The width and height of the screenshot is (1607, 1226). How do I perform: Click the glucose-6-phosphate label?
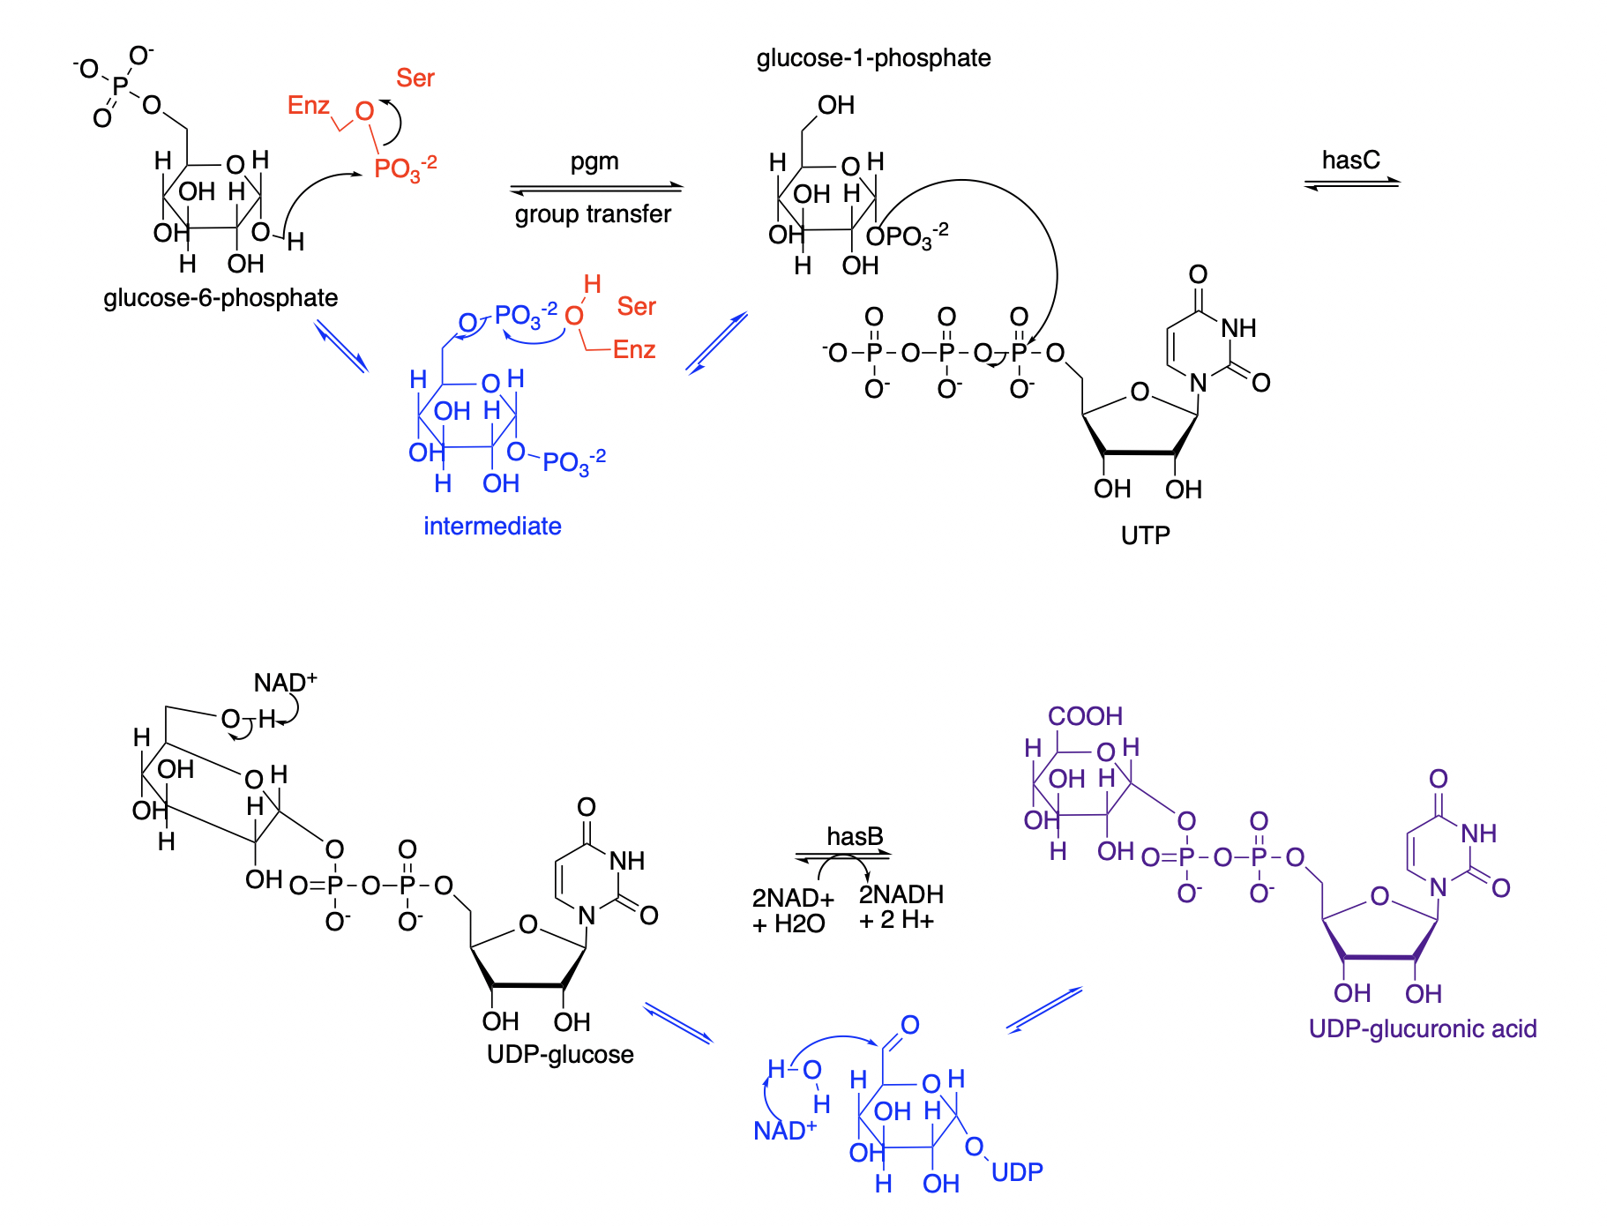tap(220, 298)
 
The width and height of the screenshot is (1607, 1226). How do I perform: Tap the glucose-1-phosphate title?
tap(873, 58)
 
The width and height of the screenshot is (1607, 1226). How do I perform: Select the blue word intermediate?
tap(492, 527)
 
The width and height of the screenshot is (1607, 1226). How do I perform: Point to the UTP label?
tap(1145, 535)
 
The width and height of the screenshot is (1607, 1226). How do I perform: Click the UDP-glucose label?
tap(560, 1055)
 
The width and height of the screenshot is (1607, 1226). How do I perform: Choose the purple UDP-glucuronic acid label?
tap(1422, 1029)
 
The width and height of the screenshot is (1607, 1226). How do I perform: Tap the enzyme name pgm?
tap(594, 162)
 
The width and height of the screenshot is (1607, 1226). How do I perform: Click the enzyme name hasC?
tap(1350, 161)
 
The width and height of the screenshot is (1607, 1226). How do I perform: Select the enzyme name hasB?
tap(855, 836)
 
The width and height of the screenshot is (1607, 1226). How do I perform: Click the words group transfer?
tap(593, 214)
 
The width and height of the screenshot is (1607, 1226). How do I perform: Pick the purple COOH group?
tap(1085, 716)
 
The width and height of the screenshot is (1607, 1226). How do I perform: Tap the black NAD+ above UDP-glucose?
tap(284, 683)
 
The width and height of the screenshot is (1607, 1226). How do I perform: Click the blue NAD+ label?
tap(784, 1131)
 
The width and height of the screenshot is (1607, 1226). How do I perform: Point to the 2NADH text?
tap(901, 895)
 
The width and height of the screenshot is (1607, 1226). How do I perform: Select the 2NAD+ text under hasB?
tap(792, 899)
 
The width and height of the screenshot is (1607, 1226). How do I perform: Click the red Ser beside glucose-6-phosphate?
tap(415, 78)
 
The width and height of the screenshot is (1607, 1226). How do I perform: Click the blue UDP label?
tap(1017, 1172)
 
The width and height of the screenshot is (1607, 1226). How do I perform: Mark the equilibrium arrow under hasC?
tap(1351, 183)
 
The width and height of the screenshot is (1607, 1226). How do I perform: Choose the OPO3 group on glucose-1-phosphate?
tap(906, 236)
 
